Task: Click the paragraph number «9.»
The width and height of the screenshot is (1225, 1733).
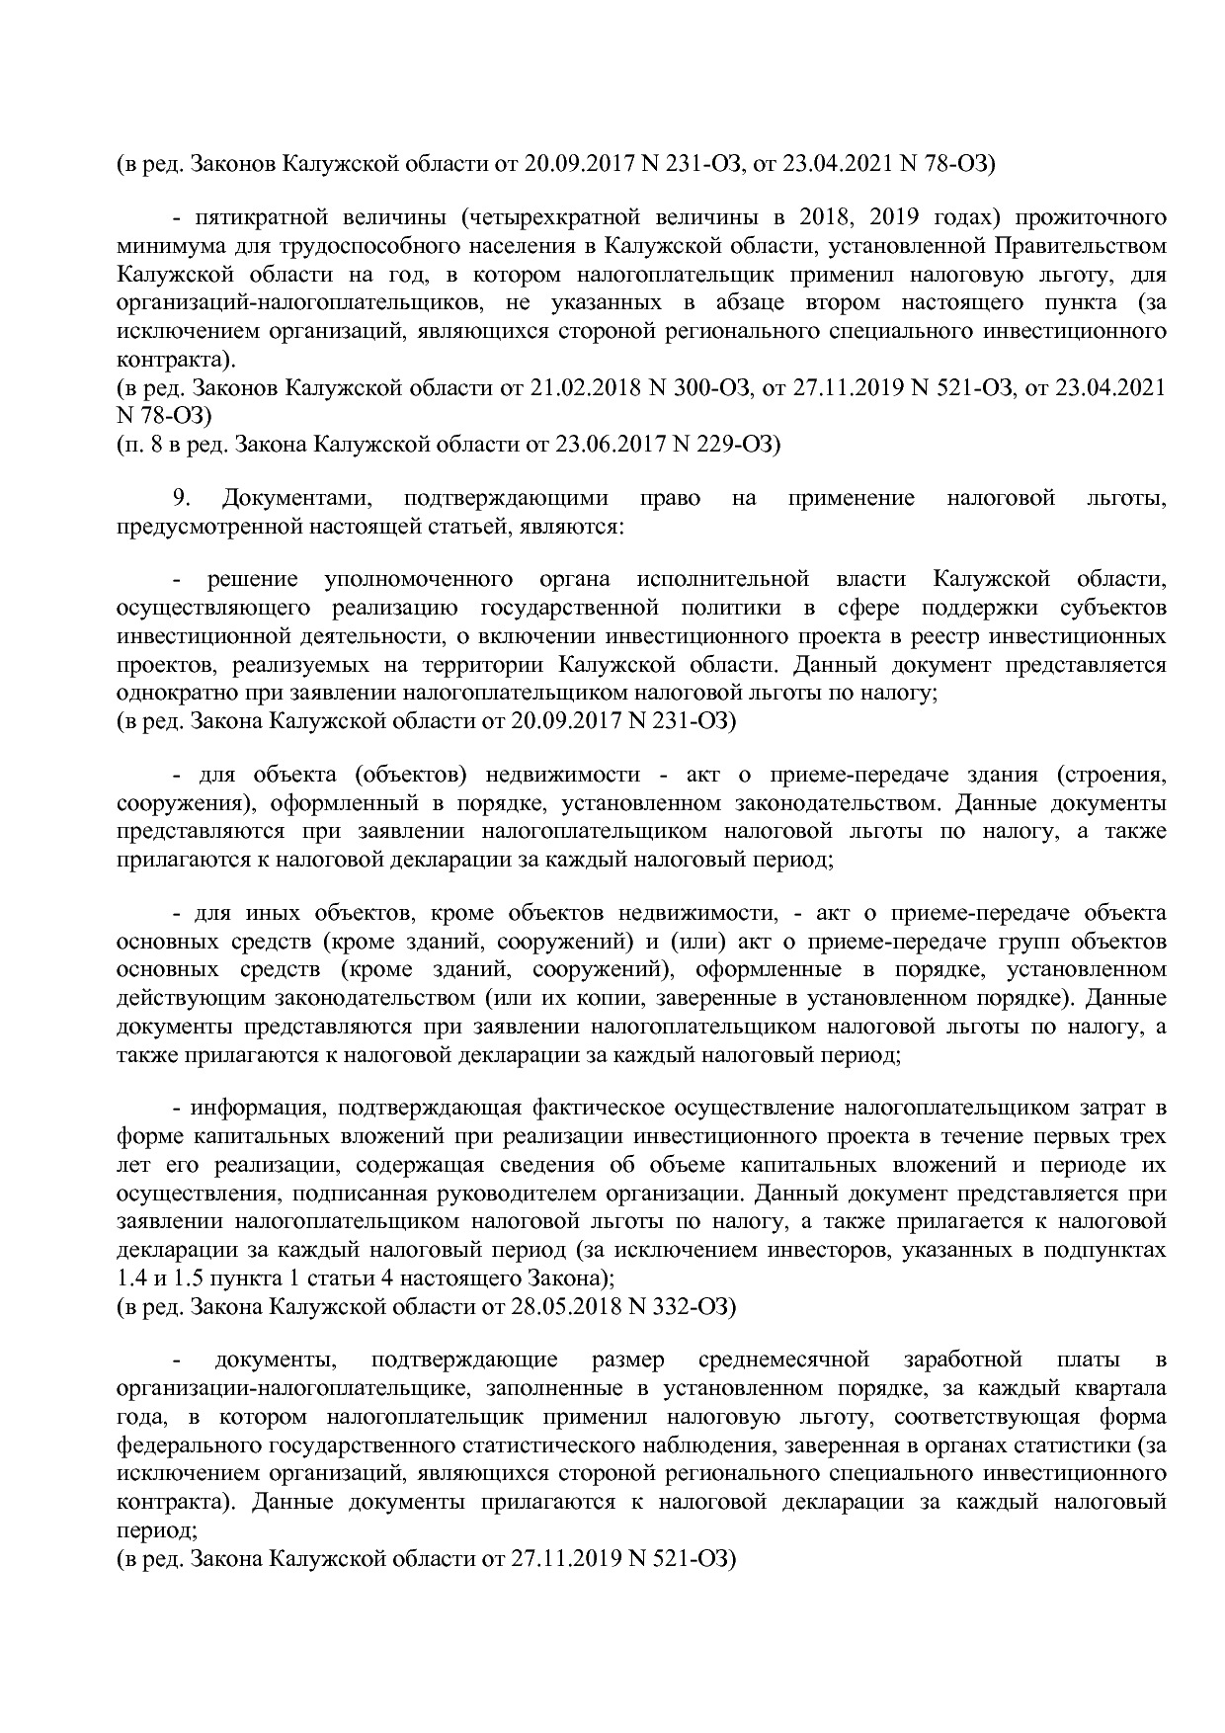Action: coord(180,498)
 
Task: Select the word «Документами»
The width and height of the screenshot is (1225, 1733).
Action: coord(293,498)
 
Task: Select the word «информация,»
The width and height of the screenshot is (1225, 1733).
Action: coord(260,1108)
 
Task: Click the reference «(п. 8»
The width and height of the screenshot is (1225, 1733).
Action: coord(140,444)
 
